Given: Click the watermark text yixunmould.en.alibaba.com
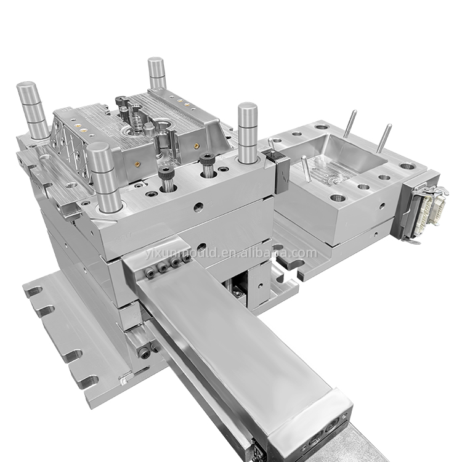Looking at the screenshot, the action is click(x=231, y=253).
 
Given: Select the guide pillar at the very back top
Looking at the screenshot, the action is click(x=156, y=73).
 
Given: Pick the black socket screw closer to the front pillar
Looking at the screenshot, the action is click(x=166, y=179).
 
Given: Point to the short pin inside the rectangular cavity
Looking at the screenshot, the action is click(x=306, y=168).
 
